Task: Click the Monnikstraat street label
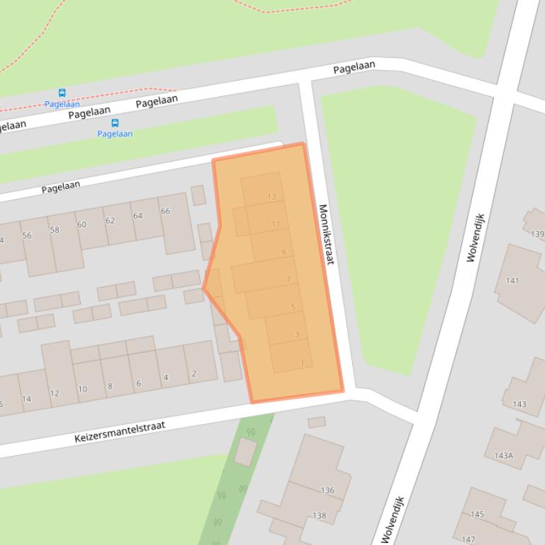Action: click(x=325, y=235)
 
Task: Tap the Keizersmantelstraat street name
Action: click(x=120, y=432)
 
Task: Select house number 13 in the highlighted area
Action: click(x=271, y=197)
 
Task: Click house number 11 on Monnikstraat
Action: click(x=276, y=224)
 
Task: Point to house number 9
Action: click(x=283, y=252)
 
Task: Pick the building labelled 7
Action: click(x=288, y=280)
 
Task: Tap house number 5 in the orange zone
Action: click(x=293, y=307)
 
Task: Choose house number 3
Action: click(x=297, y=334)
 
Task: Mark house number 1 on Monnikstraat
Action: click(x=302, y=363)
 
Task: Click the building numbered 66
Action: click(x=165, y=211)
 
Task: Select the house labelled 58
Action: click(x=55, y=230)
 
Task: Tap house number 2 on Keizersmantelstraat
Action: click(x=193, y=374)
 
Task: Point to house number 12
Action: click(x=55, y=394)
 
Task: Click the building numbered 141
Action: click(x=512, y=280)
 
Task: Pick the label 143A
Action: click(x=504, y=456)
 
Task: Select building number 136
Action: click(x=327, y=490)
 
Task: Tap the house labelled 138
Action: click(x=320, y=516)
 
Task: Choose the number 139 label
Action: click(x=537, y=234)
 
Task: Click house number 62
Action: click(x=110, y=221)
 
